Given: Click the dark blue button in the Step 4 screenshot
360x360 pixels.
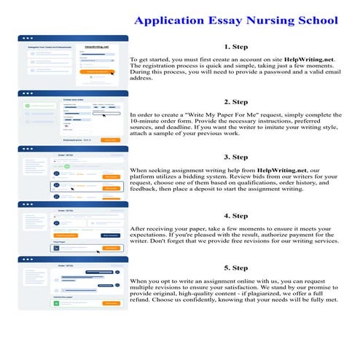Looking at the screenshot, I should pyautogui.click(x=110, y=235).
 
